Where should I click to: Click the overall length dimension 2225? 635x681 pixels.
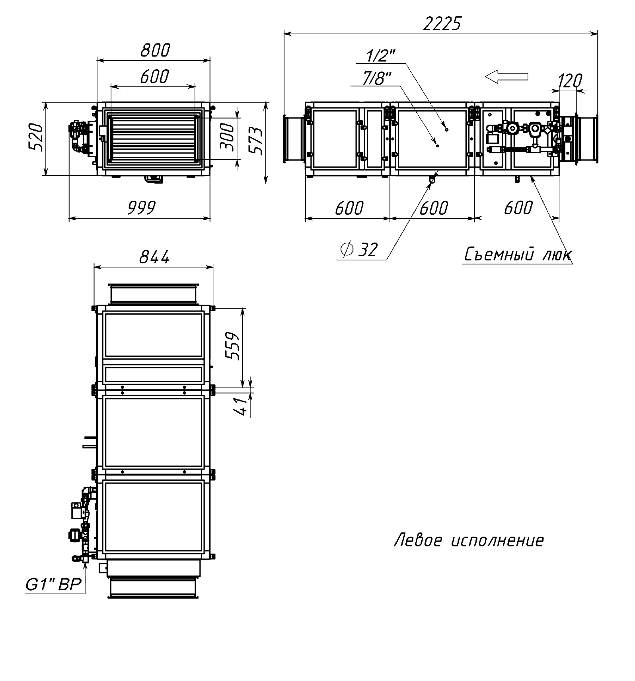[442, 24]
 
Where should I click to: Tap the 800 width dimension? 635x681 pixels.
[155, 50]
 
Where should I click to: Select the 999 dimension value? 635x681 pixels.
[142, 208]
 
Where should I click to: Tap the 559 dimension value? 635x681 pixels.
[233, 346]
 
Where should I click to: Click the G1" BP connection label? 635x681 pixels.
[53, 584]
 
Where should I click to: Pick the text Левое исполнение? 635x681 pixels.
[469, 541]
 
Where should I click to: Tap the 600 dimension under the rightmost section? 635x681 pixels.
[518, 208]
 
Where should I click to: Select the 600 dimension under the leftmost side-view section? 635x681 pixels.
[349, 208]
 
